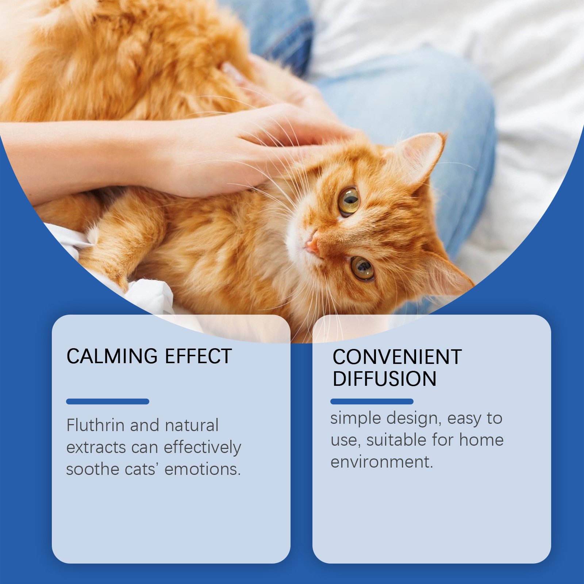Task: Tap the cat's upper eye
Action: [x=349, y=201]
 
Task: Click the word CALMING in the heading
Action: [x=112, y=356]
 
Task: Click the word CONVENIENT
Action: [x=397, y=357]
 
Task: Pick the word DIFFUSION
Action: [x=384, y=379]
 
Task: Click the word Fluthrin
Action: [x=95, y=425]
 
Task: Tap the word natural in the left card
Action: [x=192, y=425]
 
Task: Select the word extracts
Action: [x=96, y=447]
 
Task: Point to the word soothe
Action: [x=93, y=469]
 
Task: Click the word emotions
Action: [x=203, y=469]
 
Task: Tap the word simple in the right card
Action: [x=356, y=419]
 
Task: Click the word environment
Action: [x=381, y=462]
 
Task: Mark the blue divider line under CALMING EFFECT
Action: [x=108, y=401]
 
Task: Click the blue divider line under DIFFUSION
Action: [x=372, y=401]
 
